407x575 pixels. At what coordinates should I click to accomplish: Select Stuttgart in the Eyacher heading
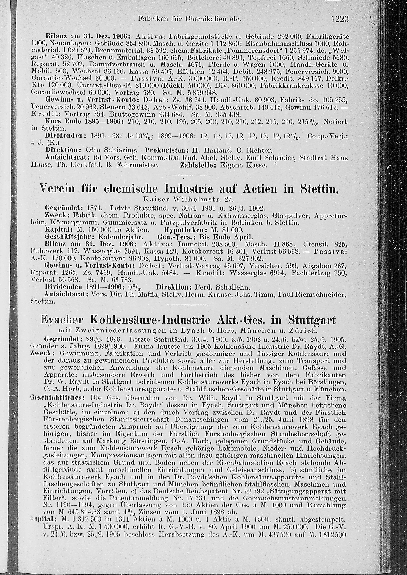pyautogui.click(x=312, y=321)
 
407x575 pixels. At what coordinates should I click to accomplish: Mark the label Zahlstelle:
pyautogui.click(x=198, y=165)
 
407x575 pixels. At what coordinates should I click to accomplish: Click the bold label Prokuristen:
pyautogui.click(x=167, y=151)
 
